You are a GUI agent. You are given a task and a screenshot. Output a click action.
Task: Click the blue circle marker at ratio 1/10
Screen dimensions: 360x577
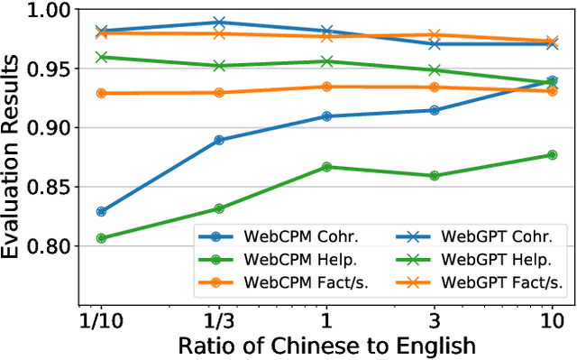(101, 212)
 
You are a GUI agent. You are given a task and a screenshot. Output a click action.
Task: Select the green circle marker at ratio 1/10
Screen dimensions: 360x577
(101, 238)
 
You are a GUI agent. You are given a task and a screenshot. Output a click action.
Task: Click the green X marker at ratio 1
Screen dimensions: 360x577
(327, 61)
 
